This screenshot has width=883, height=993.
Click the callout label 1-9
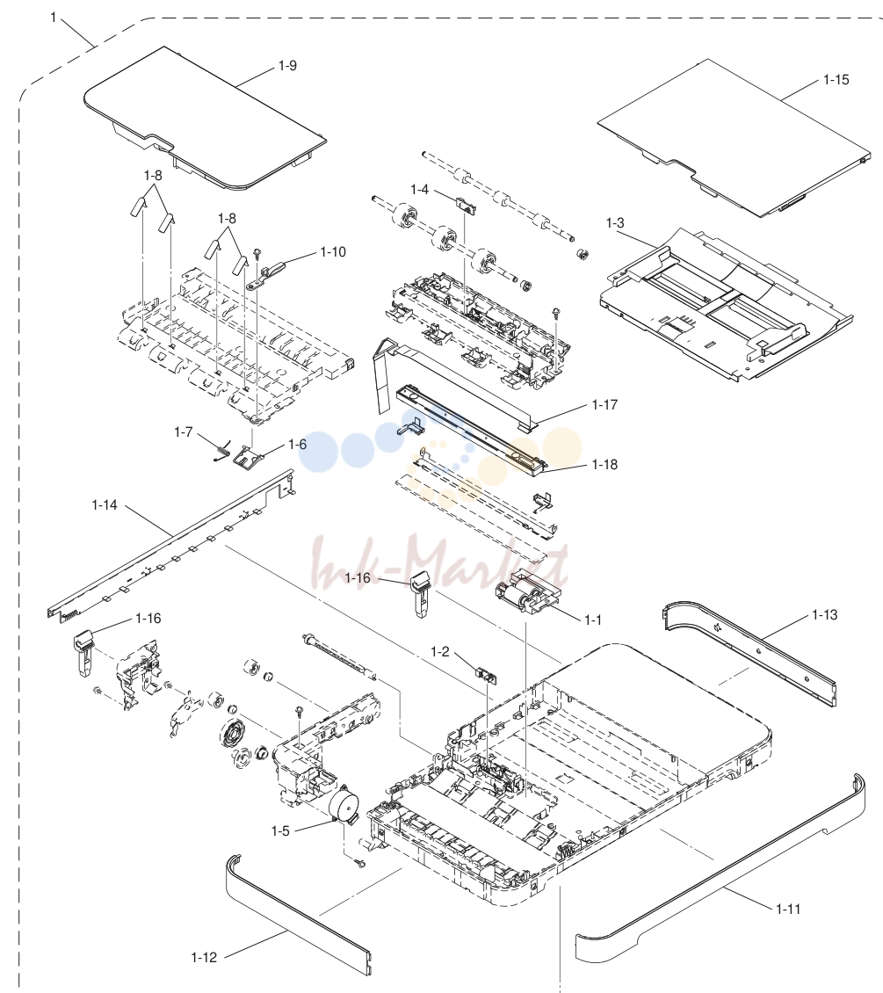[287, 66]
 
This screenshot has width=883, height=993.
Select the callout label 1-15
[836, 80]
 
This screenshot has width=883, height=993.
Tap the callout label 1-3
[615, 223]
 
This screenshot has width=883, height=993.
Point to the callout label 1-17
[604, 405]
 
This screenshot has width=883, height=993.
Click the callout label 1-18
[604, 465]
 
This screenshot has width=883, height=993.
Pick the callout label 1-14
[105, 504]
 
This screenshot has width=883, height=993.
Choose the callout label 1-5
[280, 831]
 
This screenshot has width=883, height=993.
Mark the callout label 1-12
[204, 958]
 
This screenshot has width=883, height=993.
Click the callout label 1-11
[788, 910]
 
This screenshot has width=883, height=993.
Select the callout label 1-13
[825, 615]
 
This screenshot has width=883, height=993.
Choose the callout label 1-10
[333, 252]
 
